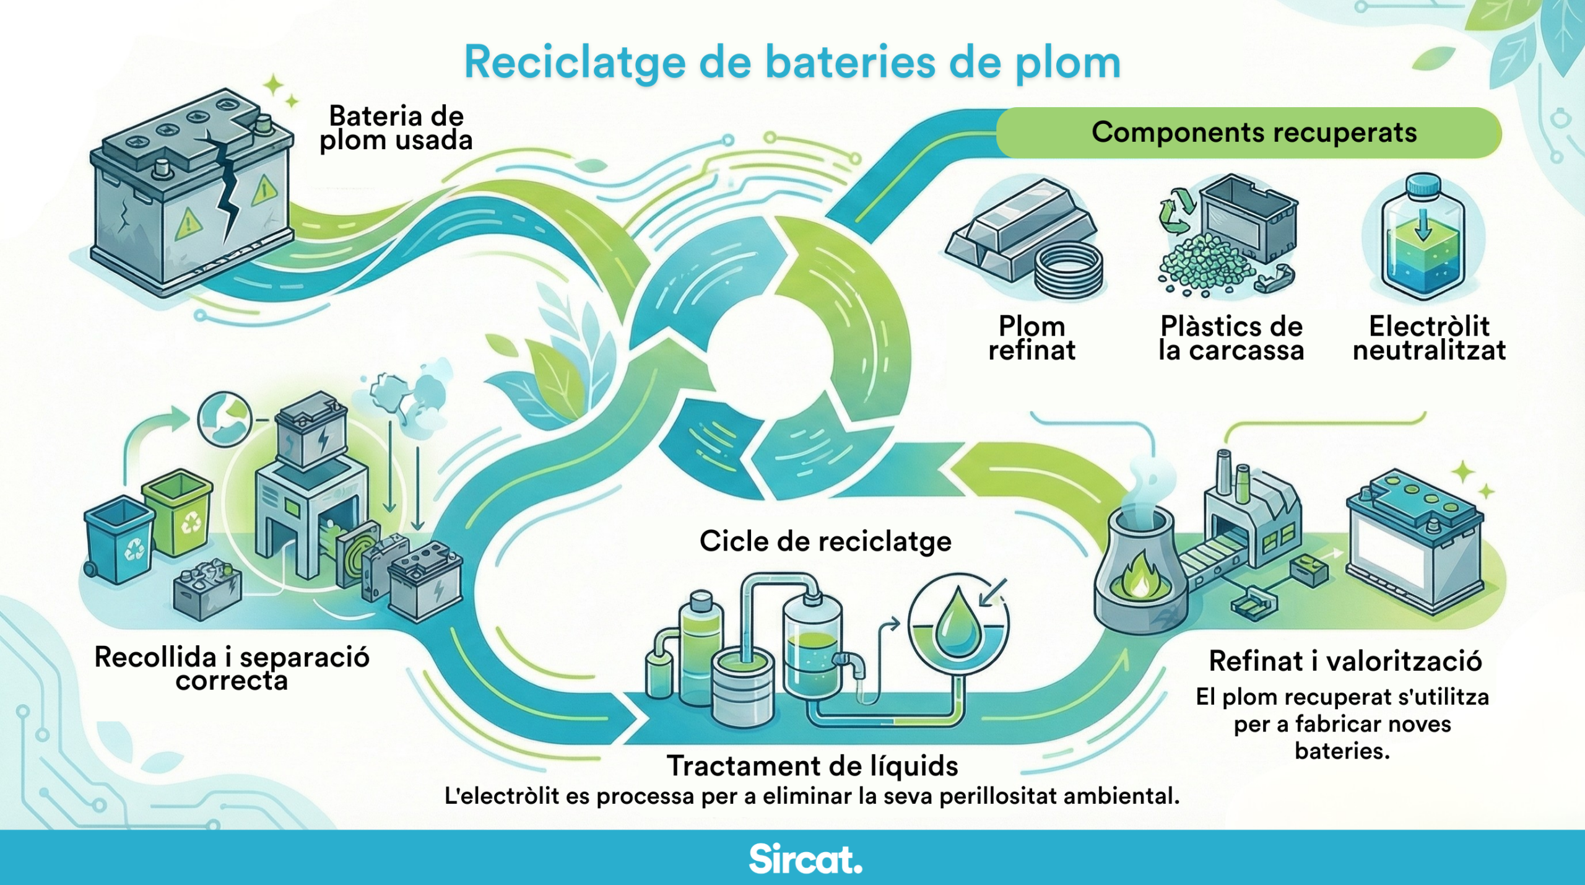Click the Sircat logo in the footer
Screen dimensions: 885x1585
tap(805, 859)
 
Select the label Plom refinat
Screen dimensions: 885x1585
tap(1031, 338)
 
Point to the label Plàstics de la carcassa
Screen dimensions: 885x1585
tap(1231, 338)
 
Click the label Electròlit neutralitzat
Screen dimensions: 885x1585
tap(1429, 338)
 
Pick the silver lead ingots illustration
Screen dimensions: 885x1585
tap(1015, 232)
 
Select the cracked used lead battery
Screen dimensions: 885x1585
tap(192, 192)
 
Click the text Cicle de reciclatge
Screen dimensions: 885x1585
tap(825, 541)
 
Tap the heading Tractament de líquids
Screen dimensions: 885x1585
tap(812, 766)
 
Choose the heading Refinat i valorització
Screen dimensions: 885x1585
tap(1345, 661)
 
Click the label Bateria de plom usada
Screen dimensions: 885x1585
tap(396, 128)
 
